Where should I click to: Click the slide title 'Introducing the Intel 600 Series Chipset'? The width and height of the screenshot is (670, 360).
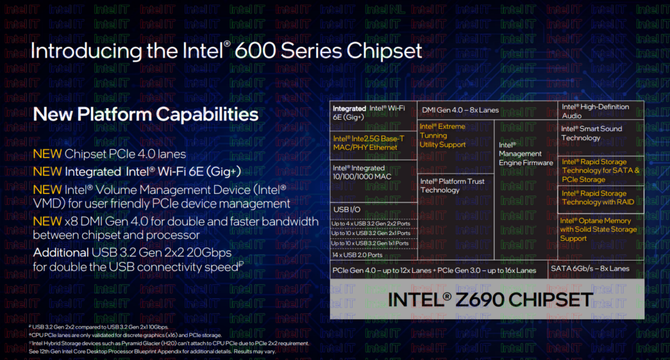[226, 52]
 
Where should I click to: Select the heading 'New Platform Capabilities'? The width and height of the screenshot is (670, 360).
[145, 114]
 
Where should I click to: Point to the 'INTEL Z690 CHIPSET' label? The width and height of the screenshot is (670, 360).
[491, 300]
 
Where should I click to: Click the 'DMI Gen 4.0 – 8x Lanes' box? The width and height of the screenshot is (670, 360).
[460, 110]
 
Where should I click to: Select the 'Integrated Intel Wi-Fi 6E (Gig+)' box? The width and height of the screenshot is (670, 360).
[374, 113]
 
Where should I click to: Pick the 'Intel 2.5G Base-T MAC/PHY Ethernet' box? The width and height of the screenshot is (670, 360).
[374, 143]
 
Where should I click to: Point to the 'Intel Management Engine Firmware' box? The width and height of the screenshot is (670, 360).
[525, 154]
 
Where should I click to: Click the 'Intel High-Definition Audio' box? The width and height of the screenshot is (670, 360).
[601, 111]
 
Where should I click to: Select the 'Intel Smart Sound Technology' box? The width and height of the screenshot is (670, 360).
[601, 134]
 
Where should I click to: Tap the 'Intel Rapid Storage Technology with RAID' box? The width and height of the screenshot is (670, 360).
[601, 198]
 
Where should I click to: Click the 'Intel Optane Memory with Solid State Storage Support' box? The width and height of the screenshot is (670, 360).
[601, 230]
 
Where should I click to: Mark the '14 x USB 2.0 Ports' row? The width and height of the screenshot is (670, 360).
[374, 255]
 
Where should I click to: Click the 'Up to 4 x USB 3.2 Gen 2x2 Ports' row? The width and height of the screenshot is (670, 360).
[374, 223]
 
